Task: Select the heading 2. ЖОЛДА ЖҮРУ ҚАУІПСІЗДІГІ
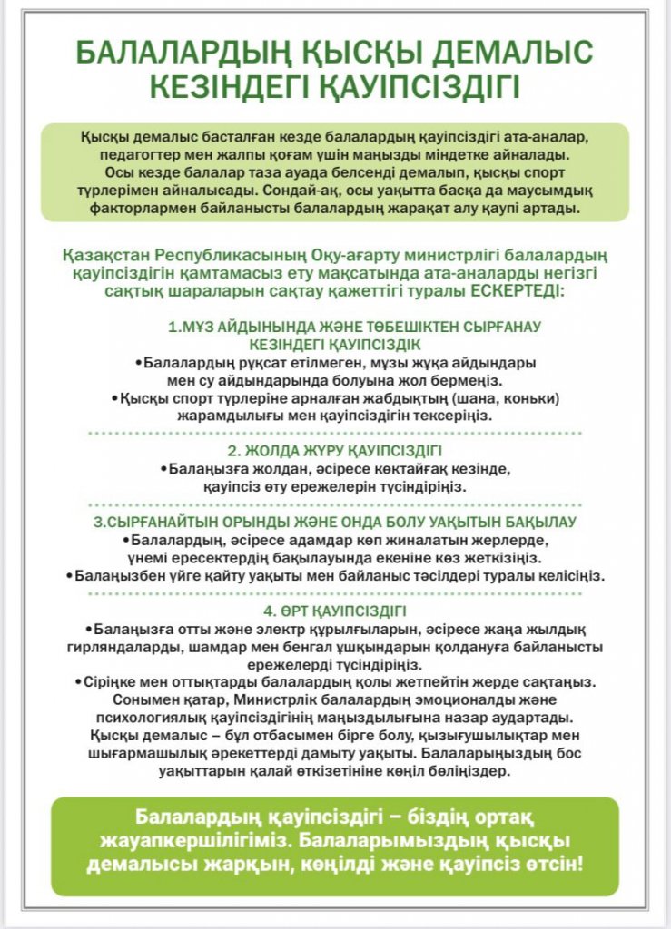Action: click(335, 450)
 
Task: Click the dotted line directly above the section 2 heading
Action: click(335, 434)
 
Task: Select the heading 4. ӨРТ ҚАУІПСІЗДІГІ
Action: click(335, 611)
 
